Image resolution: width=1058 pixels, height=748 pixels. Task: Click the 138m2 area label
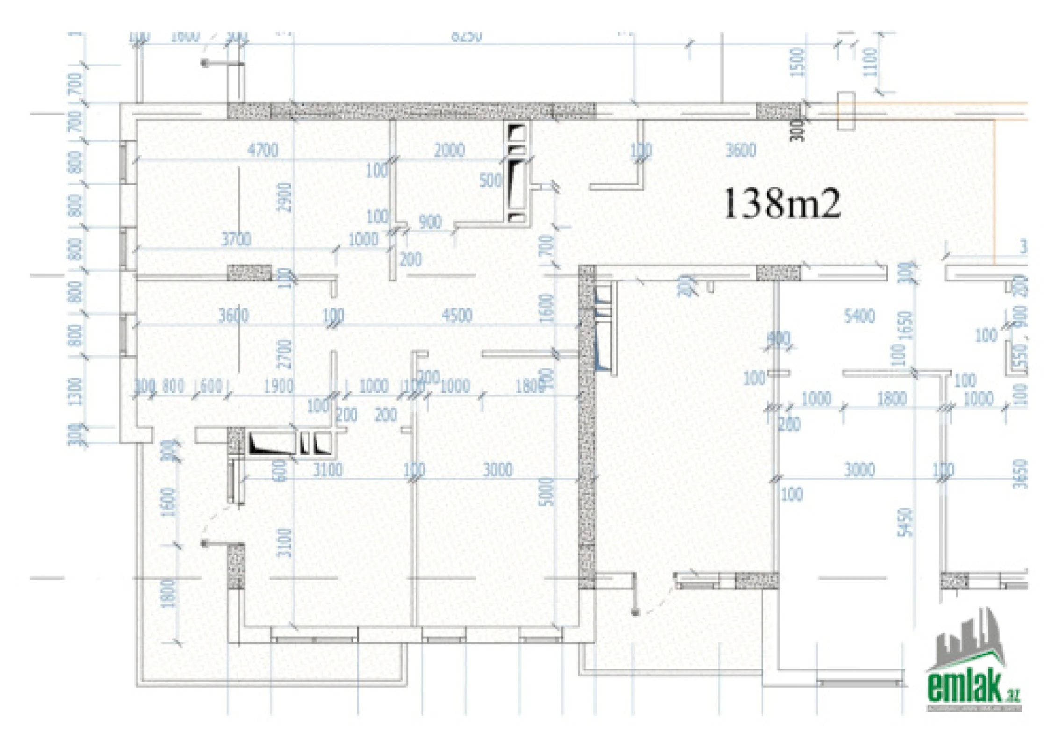782,204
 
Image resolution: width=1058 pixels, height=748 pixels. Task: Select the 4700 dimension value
263,151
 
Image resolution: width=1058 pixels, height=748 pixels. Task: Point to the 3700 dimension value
236,239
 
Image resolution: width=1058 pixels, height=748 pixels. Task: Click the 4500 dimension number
457,316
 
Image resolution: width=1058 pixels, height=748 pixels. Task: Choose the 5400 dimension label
859,316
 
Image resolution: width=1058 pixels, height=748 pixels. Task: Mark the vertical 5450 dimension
906,522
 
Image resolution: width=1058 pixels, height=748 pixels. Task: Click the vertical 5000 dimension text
546,491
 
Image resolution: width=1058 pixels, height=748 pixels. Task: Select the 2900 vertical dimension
284,197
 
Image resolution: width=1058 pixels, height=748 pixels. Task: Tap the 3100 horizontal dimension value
327,469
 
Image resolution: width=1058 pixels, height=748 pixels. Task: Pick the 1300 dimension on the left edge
75,391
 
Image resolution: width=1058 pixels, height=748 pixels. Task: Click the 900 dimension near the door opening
430,222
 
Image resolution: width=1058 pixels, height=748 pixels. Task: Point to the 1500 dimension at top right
798,62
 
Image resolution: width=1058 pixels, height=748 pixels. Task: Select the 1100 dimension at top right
870,63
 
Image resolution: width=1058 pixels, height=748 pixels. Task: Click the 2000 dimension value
449,151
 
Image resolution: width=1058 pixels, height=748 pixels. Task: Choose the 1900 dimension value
279,386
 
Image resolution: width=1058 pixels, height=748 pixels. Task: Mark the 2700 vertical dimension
284,354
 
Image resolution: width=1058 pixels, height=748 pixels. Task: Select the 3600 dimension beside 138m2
741,151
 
